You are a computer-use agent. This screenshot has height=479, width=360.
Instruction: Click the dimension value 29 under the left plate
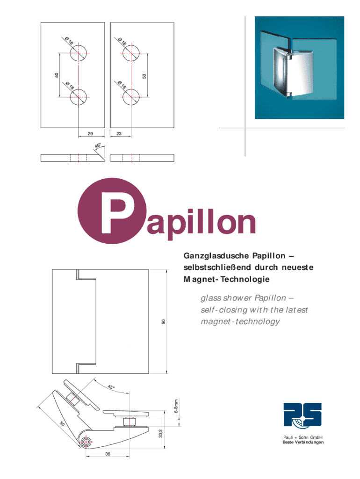89,134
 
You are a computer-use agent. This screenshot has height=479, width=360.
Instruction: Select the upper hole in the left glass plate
79,53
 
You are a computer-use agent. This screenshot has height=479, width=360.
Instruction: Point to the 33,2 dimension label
160,434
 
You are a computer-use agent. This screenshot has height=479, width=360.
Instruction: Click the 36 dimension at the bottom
108,454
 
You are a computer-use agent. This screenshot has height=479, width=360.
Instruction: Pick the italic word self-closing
222,310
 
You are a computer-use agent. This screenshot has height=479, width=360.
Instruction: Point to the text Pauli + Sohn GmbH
303,438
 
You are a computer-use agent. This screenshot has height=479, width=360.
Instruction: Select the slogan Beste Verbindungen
303,443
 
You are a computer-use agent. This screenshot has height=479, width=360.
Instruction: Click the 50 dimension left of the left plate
56,75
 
